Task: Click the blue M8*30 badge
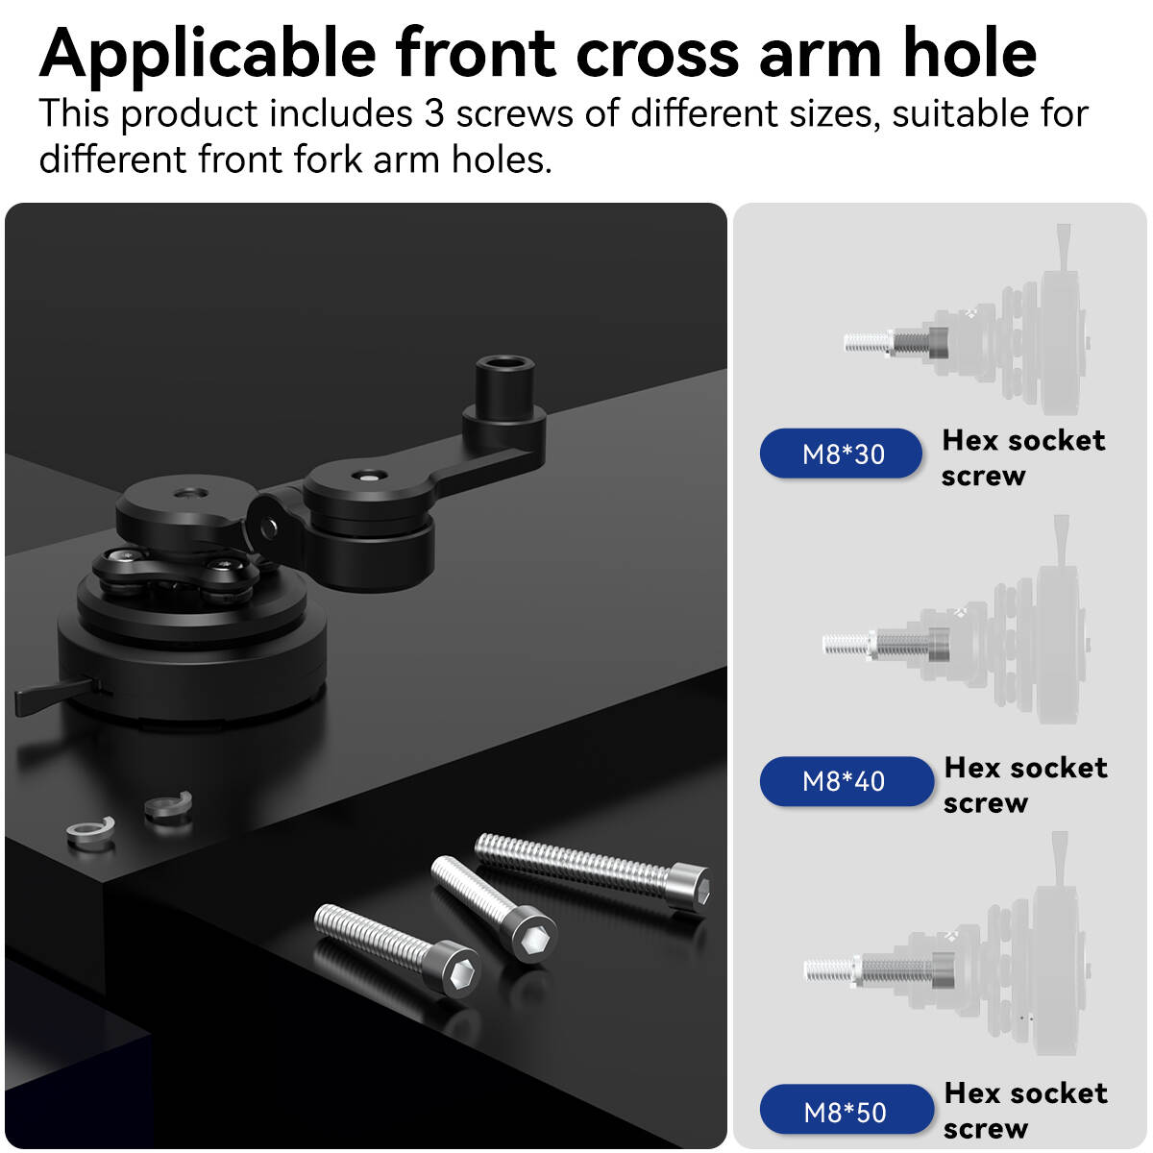click(x=841, y=454)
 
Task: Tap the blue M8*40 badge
click(x=846, y=781)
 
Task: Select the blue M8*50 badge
click(x=846, y=1112)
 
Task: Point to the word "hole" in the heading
click(x=969, y=54)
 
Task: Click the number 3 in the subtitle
click(x=433, y=113)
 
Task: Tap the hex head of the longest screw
click(x=691, y=888)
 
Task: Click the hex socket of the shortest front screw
click(x=462, y=976)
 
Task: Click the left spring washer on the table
click(x=89, y=832)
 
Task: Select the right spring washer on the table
click(x=169, y=805)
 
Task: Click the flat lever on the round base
click(x=54, y=694)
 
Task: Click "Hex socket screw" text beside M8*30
click(x=1022, y=457)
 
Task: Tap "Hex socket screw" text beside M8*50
click(x=1025, y=1111)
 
